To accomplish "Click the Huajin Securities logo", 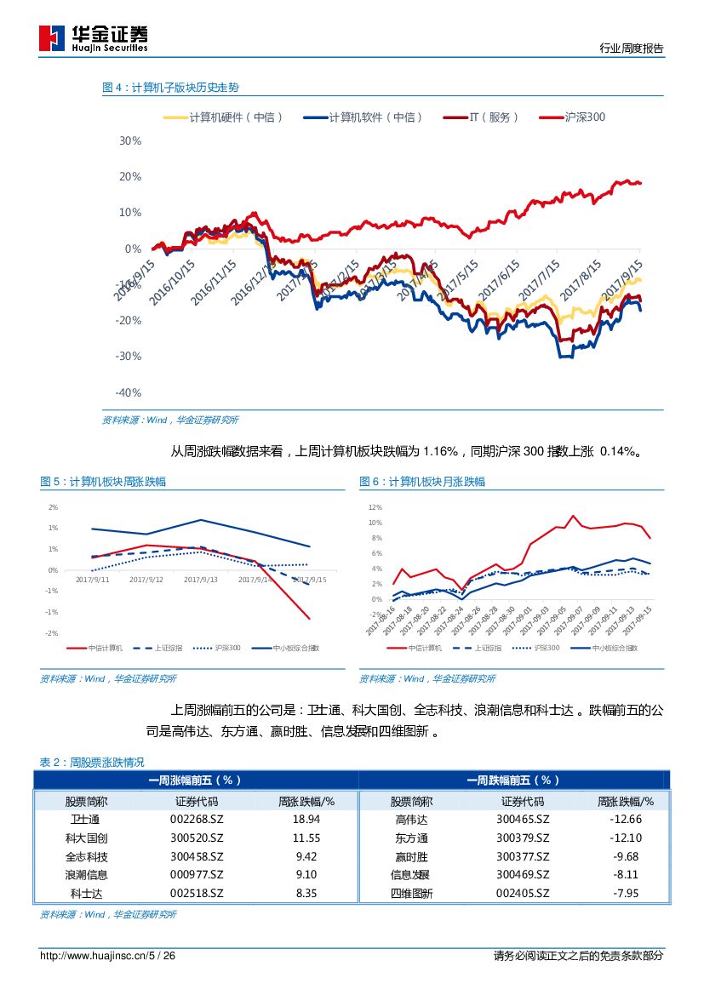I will (x=94, y=37).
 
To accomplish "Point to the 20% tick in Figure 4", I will (x=130, y=176).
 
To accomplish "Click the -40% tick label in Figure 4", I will (x=128, y=392).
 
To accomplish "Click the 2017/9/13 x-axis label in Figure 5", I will (x=200, y=580).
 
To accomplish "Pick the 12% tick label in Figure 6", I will (x=375, y=507).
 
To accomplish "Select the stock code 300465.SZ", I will (x=523, y=819).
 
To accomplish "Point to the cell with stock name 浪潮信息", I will (x=86, y=875).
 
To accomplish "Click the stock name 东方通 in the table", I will (x=411, y=838).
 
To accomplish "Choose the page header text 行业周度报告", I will (x=631, y=49).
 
